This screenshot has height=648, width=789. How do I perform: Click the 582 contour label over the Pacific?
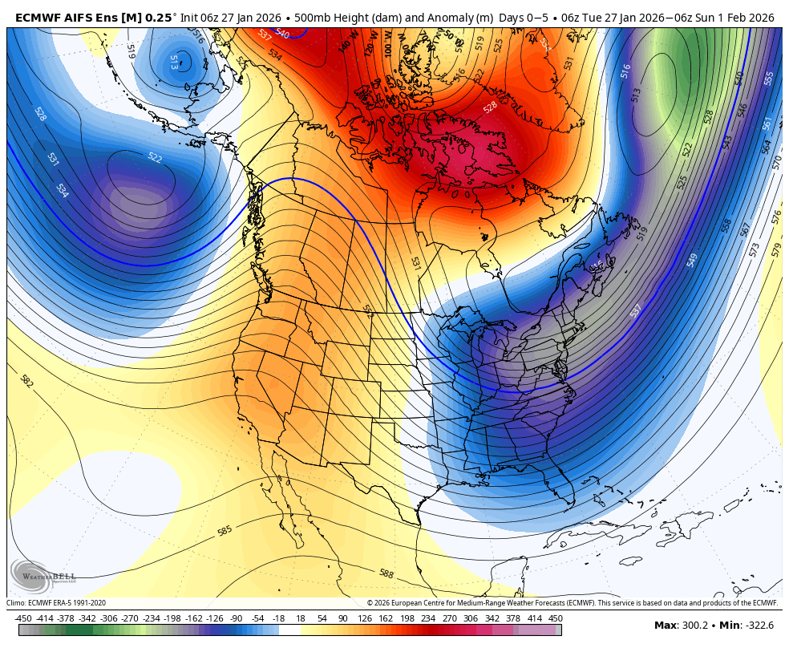[26, 382]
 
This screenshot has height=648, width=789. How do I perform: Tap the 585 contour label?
[225, 531]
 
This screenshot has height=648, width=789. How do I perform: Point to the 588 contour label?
[386, 573]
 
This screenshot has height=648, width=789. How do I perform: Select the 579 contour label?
[775, 249]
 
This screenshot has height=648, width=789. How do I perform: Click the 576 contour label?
[775, 217]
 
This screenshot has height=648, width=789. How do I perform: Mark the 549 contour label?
[692, 261]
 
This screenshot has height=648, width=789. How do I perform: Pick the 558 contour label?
[726, 226]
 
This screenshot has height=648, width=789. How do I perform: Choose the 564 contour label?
[767, 146]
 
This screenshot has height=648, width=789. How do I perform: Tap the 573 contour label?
[755, 249]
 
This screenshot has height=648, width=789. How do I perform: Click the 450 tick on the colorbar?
[555, 618]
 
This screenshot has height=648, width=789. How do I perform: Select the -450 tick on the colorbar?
[23, 618]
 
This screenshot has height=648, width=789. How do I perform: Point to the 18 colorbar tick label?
[301, 618]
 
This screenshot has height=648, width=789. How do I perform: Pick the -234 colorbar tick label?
[151, 618]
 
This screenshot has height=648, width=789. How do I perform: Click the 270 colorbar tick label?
[449, 618]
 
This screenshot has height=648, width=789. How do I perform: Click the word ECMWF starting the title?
[35, 17]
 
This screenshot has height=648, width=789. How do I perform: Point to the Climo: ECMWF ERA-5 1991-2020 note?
[56, 603]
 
